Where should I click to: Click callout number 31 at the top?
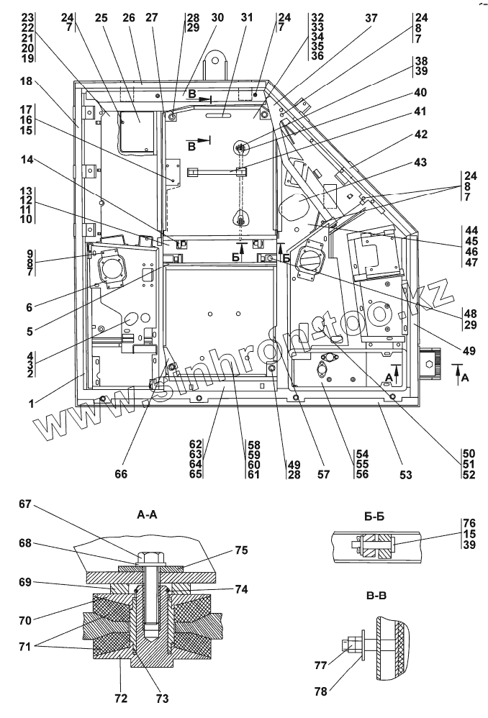(x=247, y=17)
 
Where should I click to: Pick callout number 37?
(x=371, y=17)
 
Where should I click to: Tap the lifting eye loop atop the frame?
(x=215, y=60)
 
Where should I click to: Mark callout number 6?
(x=30, y=306)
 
